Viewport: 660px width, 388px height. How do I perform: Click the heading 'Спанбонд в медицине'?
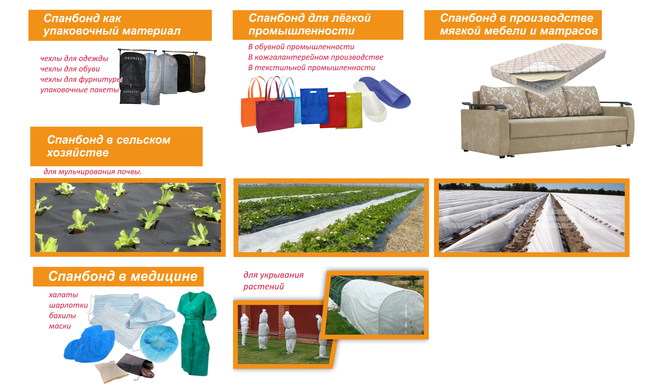pyautogui.click(x=123, y=276)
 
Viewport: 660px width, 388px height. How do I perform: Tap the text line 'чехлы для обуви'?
pyautogui.click(x=70, y=69)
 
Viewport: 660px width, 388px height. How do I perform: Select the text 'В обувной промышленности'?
pyautogui.click(x=301, y=47)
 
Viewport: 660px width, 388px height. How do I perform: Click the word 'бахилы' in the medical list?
pyautogui.click(x=62, y=316)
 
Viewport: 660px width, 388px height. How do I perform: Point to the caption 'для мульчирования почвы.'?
pyautogui.click(x=92, y=172)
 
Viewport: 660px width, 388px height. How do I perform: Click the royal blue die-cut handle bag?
pyautogui.click(x=314, y=106)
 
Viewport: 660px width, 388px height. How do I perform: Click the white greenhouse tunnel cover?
pyautogui.click(x=380, y=307)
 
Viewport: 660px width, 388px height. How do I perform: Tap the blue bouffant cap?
pyautogui.click(x=159, y=342)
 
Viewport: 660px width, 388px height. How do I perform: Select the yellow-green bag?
pyautogui.click(x=355, y=110)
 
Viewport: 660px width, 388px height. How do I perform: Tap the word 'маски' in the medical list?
pyautogui.click(x=60, y=326)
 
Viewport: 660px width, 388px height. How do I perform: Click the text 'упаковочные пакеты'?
pyautogui.click(x=80, y=90)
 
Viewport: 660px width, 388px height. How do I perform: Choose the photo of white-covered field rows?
pyautogui.click(x=532, y=218)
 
